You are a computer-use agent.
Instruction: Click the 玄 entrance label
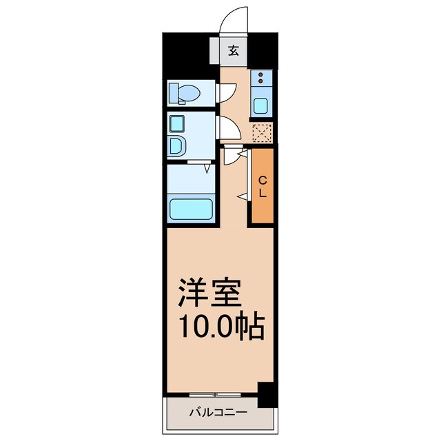(234, 50)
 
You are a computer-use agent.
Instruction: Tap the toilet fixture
(186, 92)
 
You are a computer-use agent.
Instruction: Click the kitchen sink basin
(261, 105)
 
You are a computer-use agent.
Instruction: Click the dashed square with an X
(261, 132)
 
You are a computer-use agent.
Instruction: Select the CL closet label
(262, 186)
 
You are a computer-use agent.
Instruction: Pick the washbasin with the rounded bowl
(177, 147)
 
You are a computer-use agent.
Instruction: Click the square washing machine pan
(176, 125)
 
